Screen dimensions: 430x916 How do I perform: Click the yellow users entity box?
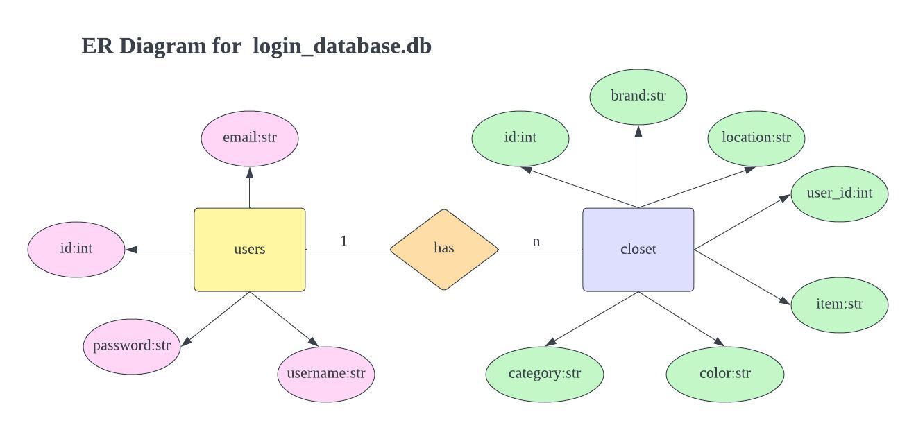click(x=249, y=250)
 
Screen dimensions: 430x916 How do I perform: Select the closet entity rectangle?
click(x=638, y=250)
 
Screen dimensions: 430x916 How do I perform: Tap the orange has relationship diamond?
click(x=444, y=249)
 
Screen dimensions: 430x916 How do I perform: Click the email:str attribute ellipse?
click(x=249, y=138)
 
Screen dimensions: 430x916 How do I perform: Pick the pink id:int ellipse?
click(x=76, y=249)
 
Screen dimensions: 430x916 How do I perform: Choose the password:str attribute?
click(x=132, y=346)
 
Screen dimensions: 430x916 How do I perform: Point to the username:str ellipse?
click(x=325, y=374)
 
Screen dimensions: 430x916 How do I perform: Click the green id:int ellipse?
click(x=520, y=138)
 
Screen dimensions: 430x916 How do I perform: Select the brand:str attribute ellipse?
click(x=638, y=96)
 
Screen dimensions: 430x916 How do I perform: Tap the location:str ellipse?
click(x=756, y=138)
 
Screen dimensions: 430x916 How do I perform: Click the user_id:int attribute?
click(x=839, y=193)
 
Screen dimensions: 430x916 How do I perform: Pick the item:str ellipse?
click(x=839, y=304)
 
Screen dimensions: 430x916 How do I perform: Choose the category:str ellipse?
click(x=544, y=374)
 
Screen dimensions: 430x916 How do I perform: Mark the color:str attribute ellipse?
click(x=724, y=374)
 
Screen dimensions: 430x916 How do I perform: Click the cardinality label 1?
click(x=343, y=241)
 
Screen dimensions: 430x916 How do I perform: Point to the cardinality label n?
click(x=536, y=241)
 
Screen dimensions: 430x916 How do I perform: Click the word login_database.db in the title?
click(x=342, y=46)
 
